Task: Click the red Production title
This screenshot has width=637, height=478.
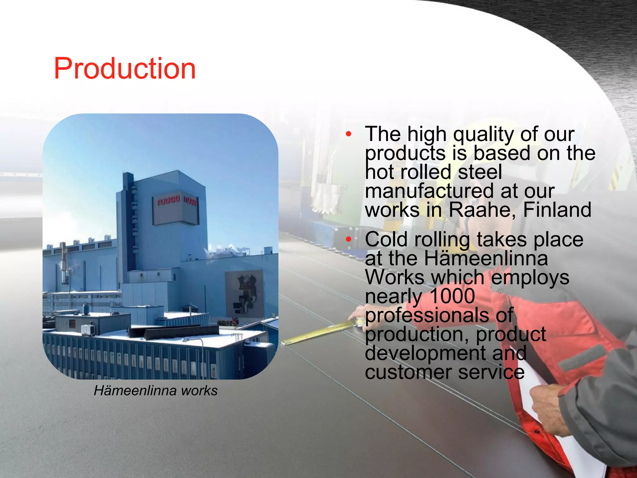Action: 125,69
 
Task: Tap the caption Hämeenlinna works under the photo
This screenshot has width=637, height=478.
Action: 156,391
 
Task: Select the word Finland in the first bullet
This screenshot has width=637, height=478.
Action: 557,210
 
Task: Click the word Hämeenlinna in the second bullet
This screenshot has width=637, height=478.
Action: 486,258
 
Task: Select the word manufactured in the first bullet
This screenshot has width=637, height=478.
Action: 429,191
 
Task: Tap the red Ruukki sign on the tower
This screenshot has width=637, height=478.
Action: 168,201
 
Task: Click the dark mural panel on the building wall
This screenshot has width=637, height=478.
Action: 244,293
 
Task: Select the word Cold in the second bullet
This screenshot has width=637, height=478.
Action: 386,239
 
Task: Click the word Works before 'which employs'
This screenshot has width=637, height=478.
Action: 395,277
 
